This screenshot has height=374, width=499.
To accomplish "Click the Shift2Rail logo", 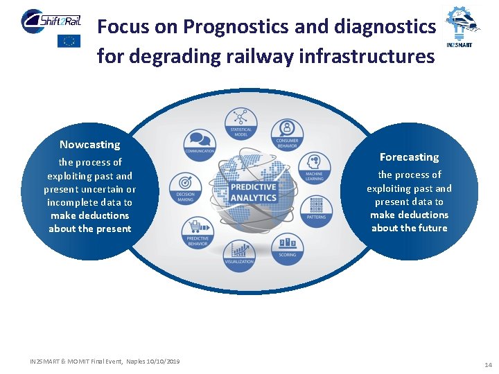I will pyautogui.click(x=51, y=19).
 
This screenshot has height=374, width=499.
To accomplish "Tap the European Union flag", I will pyautogui.click(x=69, y=41).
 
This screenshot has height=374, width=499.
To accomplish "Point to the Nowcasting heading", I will pyautogui.click(x=89, y=145).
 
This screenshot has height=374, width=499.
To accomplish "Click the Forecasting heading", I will pyautogui.click(x=409, y=157).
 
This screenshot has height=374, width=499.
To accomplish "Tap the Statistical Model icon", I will pyautogui.click(x=241, y=121).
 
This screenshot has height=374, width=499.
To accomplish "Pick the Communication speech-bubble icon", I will pyautogui.click(x=200, y=141).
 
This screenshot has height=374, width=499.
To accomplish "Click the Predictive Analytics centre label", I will pyautogui.click(x=254, y=193).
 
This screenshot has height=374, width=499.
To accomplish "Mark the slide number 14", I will pyautogui.click(x=488, y=364).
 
